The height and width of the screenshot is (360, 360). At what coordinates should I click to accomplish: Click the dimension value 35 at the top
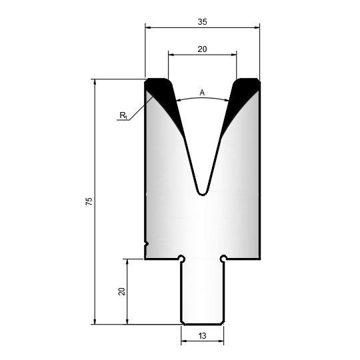tap(202, 22)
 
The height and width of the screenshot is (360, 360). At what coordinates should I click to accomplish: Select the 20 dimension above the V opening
tap(202, 49)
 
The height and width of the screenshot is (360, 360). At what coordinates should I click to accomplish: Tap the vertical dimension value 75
tap(89, 201)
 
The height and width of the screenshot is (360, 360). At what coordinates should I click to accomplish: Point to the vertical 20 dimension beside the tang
tap(121, 291)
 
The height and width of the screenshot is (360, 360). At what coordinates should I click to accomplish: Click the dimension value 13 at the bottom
tap(202, 336)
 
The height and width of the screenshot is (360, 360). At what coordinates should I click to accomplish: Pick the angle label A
tap(202, 93)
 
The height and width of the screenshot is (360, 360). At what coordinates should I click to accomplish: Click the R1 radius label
tap(123, 115)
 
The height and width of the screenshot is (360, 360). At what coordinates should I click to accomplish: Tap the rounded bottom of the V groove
tap(203, 193)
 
